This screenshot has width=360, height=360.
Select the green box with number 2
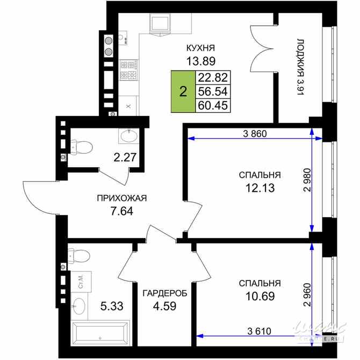(183, 92)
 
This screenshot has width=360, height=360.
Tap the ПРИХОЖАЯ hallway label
(122, 198)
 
